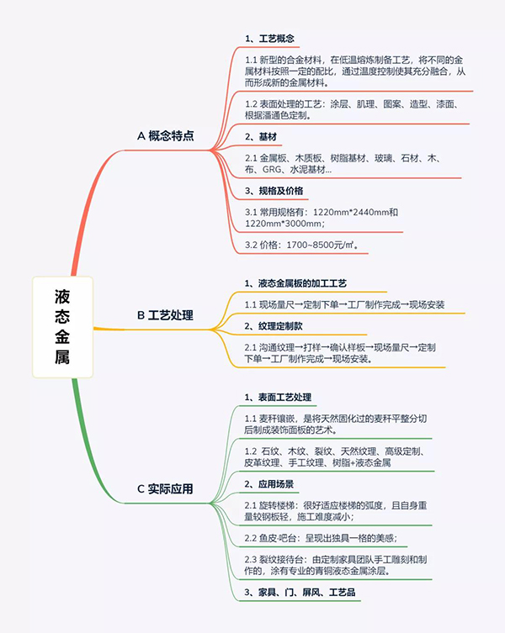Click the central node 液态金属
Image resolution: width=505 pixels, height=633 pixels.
(x=62, y=327)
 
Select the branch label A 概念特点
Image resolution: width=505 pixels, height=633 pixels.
(x=165, y=136)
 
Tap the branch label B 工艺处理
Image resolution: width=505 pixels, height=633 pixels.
(x=165, y=315)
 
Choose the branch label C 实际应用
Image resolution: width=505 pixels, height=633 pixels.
(x=165, y=489)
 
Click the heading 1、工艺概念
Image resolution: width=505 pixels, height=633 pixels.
(x=269, y=39)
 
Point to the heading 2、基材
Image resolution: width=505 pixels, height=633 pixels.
(x=261, y=137)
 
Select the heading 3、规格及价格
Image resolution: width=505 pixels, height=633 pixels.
(x=274, y=191)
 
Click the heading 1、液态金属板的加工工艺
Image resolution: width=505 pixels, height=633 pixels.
(x=295, y=283)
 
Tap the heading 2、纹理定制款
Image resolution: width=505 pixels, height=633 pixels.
(x=274, y=326)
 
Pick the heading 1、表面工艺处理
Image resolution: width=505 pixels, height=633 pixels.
(x=278, y=398)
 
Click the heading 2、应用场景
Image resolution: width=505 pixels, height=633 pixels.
(x=268, y=484)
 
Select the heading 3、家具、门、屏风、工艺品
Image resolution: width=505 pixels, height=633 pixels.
(x=300, y=592)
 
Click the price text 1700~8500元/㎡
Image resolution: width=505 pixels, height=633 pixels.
(x=320, y=245)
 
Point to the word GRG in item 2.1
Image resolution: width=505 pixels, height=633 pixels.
(x=272, y=170)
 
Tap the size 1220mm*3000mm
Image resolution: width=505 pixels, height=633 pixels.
(x=283, y=224)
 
